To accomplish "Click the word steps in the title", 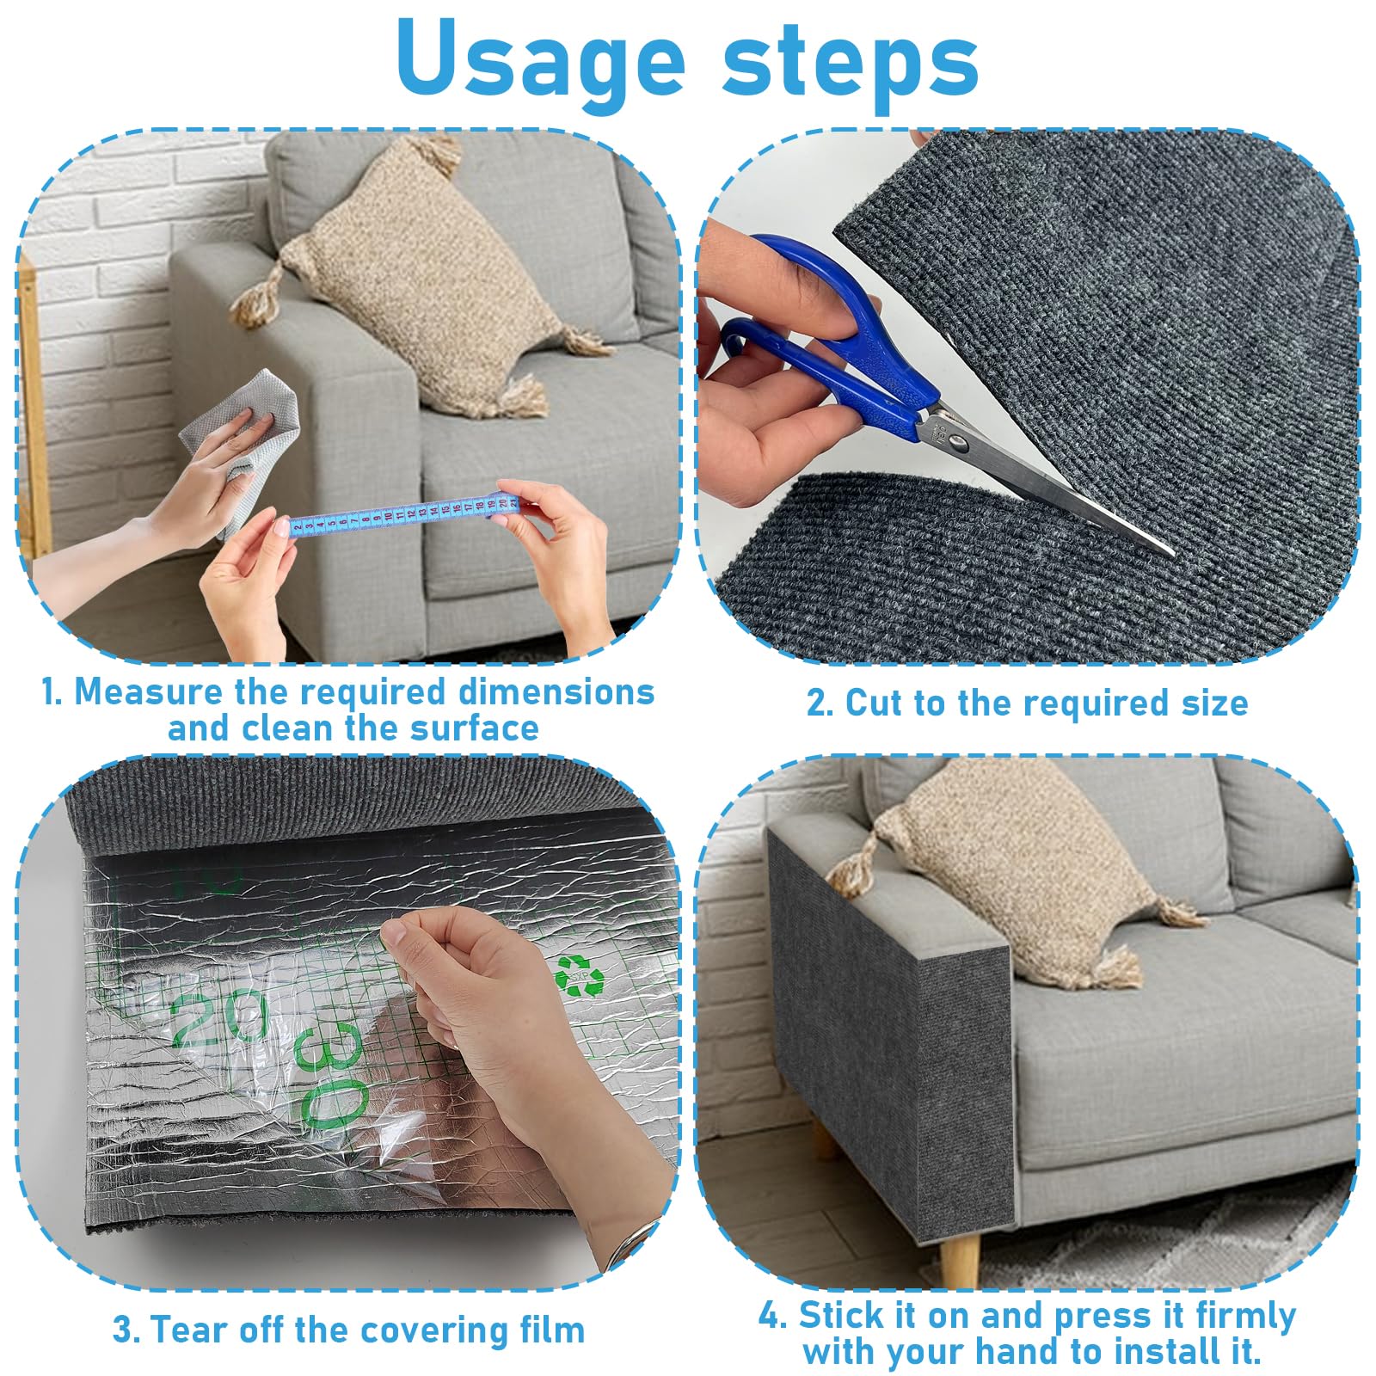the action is coord(851,58).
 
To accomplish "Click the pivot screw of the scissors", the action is coord(955,442).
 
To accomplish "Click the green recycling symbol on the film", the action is coord(579,974).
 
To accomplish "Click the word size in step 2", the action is coord(1214,703).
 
